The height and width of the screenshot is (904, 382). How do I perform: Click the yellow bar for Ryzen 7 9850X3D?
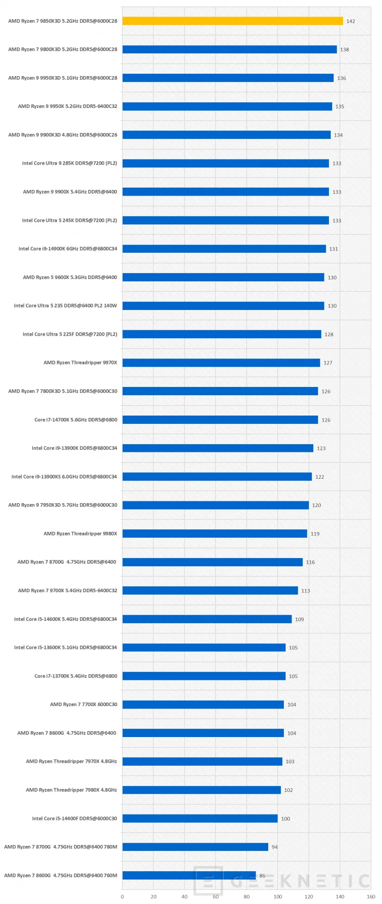tap(233, 21)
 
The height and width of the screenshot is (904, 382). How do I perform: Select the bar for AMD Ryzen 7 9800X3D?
tap(229, 49)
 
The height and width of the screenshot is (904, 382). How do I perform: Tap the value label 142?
tap(351, 21)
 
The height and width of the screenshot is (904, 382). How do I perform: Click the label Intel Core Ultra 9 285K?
tap(70, 163)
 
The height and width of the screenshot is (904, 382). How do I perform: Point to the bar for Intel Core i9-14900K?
tap(224, 249)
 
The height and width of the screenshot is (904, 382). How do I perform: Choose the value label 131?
tap(334, 249)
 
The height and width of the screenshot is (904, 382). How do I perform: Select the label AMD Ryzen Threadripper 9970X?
tap(80, 363)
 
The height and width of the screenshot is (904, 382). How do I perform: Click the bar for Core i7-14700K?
tap(220, 420)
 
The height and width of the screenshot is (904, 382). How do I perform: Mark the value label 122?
tap(320, 477)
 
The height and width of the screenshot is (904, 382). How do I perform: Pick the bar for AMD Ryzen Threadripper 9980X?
tap(215, 534)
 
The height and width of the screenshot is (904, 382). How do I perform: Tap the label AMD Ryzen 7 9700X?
tap(67, 590)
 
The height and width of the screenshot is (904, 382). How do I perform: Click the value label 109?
tap(300, 619)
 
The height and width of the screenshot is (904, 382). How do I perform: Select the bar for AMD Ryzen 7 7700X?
tap(203, 704)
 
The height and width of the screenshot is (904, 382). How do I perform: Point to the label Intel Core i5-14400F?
tap(75, 818)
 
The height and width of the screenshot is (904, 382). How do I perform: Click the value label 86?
tap(262, 875)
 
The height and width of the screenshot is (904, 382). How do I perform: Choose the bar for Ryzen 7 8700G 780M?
tap(195, 847)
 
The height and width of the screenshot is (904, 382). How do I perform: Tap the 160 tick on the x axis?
tap(371, 897)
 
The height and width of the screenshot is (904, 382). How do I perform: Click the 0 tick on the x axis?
tap(122, 897)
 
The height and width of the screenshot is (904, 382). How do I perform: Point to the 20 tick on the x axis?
tap(153, 897)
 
